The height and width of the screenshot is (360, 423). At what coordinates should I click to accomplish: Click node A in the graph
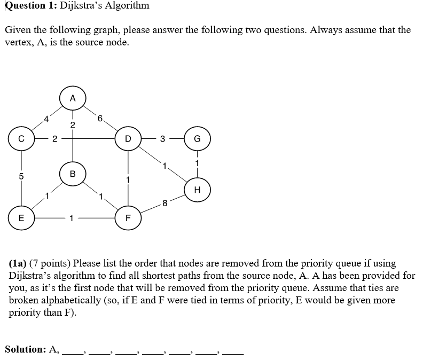point(73,98)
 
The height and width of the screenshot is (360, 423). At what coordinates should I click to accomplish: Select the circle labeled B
point(73,174)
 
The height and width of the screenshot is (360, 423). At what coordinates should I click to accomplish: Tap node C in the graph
point(22,139)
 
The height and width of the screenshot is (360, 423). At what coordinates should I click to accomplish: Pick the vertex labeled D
point(128,139)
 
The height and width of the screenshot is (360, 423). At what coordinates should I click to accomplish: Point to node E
point(22,217)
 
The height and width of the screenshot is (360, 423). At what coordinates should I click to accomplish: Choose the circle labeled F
point(128,217)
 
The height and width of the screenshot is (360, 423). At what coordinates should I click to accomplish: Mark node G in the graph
point(197,139)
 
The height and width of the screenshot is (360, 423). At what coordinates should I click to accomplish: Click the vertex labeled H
point(197,189)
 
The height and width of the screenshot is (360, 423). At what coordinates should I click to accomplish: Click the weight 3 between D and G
point(163,139)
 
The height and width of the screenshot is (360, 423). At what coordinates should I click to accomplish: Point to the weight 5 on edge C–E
point(22,176)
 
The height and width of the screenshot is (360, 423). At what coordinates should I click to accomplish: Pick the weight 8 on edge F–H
point(164,202)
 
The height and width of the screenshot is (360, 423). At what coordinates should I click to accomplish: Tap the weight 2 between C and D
point(54,139)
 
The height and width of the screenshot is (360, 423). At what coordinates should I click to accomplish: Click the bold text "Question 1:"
point(28,6)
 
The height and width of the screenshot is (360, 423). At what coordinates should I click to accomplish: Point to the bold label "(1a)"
point(18,263)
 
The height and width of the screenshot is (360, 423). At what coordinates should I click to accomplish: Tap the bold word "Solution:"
point(26,349)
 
